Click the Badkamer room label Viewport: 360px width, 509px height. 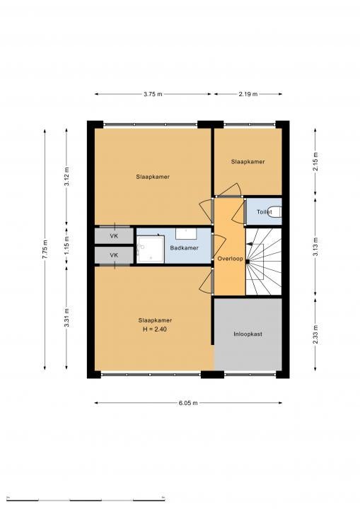click(x=184, y=248)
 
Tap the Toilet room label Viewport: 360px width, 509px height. click(x=264, y=212)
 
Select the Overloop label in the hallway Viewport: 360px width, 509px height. click(x=230, y=259)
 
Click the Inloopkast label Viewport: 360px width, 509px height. click(x=248, y=334)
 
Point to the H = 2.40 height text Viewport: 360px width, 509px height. click(x=155, y=329)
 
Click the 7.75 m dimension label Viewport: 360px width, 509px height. click(x=45, y=249)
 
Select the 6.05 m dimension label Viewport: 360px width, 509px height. click(x=188, y=403)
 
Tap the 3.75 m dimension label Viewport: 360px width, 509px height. click(x=153, y=94)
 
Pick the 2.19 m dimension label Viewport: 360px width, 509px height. click(x=248, y=94)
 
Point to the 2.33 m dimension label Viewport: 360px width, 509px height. click(x=316, y=334)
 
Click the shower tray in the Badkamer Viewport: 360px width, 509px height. click(x=150, y=250)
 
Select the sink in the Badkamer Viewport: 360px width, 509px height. click(x=186, y=233)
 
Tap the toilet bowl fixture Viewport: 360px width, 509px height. click(x=276, y=212)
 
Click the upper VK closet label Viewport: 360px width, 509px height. click(x=114, y=236)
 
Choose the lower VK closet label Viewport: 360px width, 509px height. click(x=114, y=255)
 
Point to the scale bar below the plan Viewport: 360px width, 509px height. click(x=86, y=498)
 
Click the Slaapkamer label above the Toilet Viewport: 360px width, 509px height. click(x=248, y=162)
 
